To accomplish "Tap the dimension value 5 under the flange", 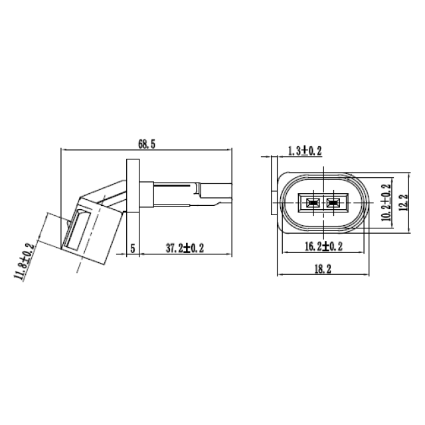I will (x=133, y=248).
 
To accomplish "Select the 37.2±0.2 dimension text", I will (x=183, y=248).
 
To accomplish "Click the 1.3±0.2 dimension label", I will (x=305, y=151).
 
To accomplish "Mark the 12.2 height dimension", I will (x=402, y=203).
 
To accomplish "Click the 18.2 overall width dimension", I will (x=323, y=268).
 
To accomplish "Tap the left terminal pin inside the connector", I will (x=311, y=203).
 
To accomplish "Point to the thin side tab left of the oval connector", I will (x=273, y=186).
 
